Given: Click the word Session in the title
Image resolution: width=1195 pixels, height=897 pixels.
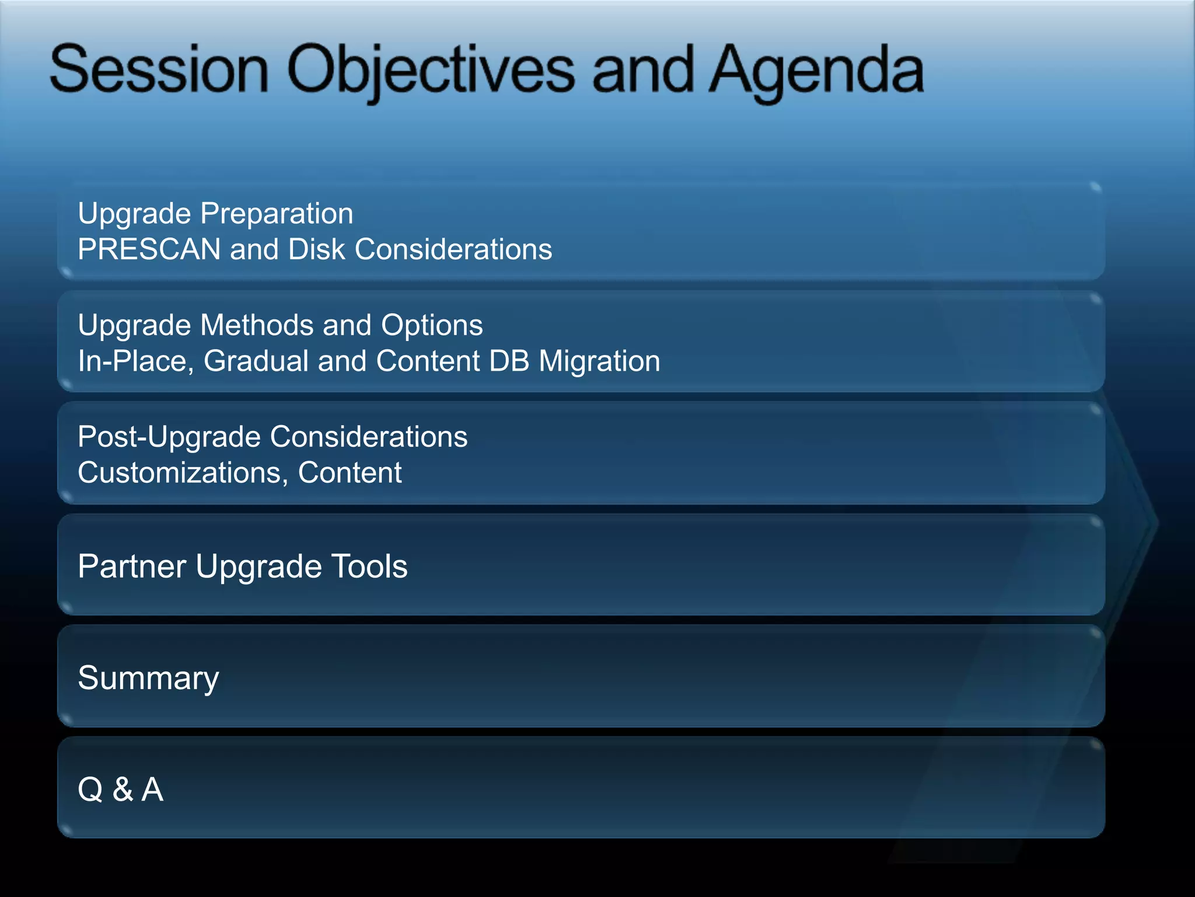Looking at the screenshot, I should pyautogui.click(x=159, y=70).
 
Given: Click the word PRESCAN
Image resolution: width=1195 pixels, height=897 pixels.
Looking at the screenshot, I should pyautogui.click(x=149, y=249).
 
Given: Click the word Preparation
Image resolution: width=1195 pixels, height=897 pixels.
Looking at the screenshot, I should pyautogui.click(x=277, y=214).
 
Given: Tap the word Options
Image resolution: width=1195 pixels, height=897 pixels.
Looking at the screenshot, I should pyautogui.click(x=432, y=325).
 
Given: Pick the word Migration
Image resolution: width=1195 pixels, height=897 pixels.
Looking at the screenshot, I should pyautogui.click(x=599, y=361).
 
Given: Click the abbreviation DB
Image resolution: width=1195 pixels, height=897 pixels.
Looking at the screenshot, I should pyautogui.click(x=509, y=361).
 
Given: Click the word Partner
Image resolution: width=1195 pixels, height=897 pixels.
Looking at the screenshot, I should pyautogui.click(x=132, y=566).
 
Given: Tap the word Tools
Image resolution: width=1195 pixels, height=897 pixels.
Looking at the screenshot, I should pyautogui.click(x=369, y=566).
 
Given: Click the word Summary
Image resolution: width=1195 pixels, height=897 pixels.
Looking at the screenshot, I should pyautogui.click(x=148, y=679).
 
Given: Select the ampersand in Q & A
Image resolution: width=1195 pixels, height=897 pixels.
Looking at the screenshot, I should pyautogui.click(x=123, y=790).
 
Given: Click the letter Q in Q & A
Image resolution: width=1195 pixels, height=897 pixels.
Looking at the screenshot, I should pyautogui.click(x=90, y=790).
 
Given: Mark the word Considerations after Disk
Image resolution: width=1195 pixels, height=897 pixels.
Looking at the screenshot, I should pyautogui.click(x=453, y=249).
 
